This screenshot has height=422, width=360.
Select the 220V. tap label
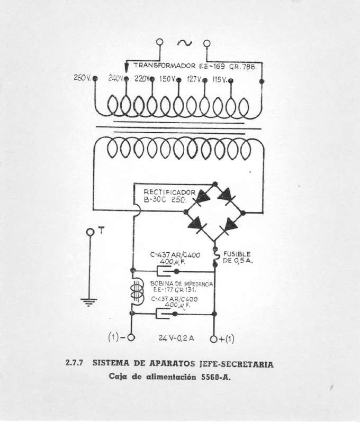click(141, 79)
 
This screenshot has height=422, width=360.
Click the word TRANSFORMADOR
click(164, 66)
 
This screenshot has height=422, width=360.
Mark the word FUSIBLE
click(237, 254)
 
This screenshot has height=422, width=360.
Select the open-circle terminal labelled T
click(90, 232)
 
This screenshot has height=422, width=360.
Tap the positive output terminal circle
click(214, 338)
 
